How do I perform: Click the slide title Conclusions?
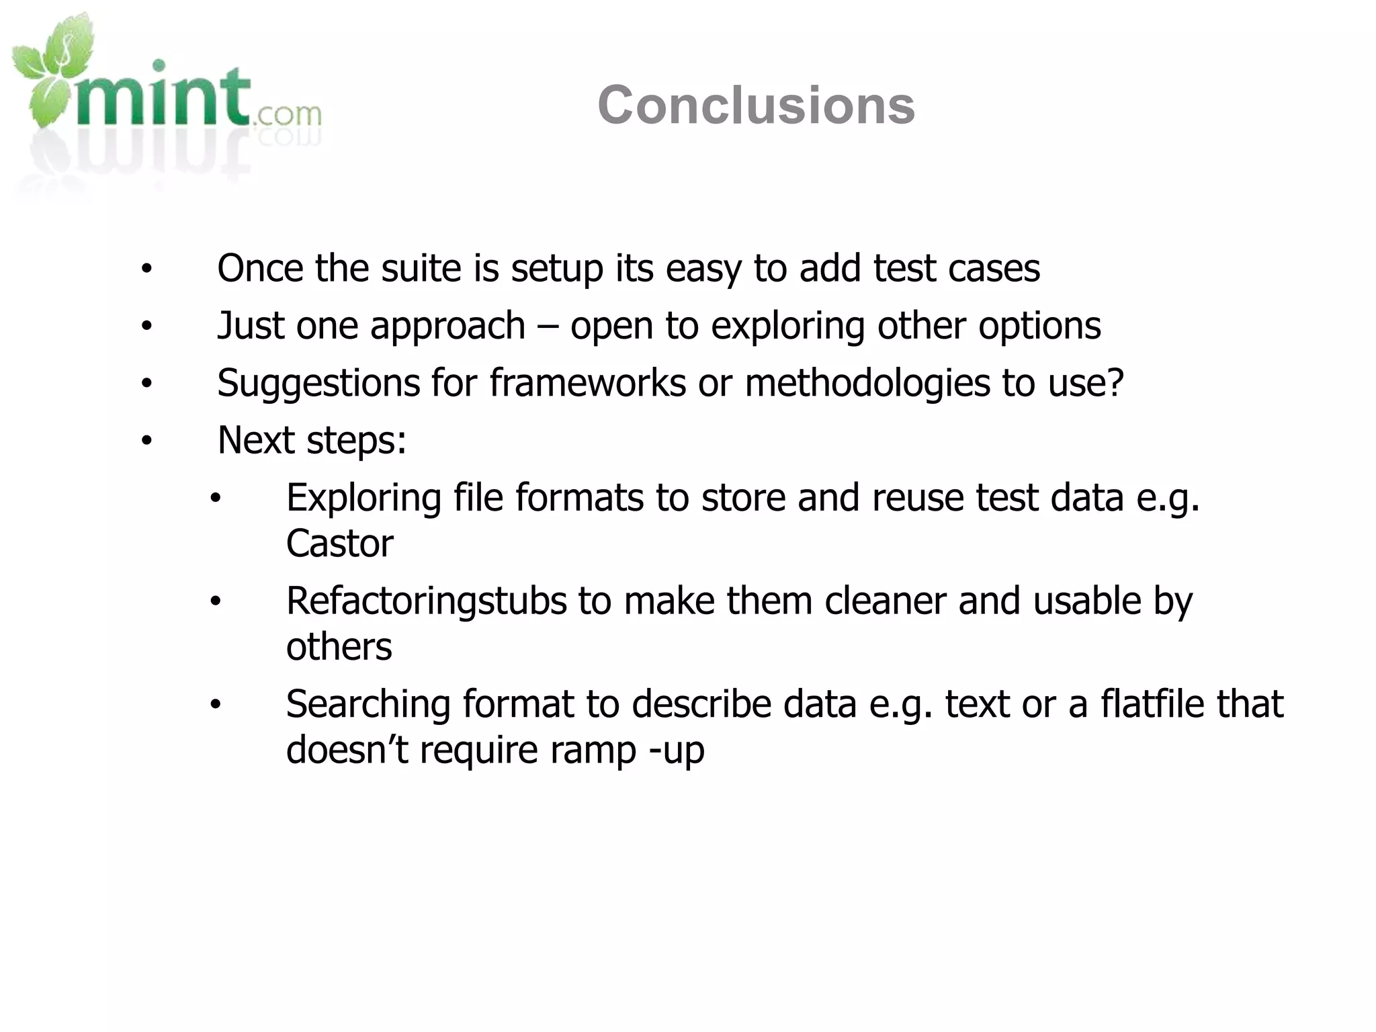756,105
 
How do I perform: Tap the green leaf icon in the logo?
50,74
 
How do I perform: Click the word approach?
447,327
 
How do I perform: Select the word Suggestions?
318,384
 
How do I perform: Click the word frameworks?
587,383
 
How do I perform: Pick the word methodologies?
867,384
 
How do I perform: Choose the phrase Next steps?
312,441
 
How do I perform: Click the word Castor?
339,544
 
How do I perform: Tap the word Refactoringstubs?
426,601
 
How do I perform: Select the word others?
339,647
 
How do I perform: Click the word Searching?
368,705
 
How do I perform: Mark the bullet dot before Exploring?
215,499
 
